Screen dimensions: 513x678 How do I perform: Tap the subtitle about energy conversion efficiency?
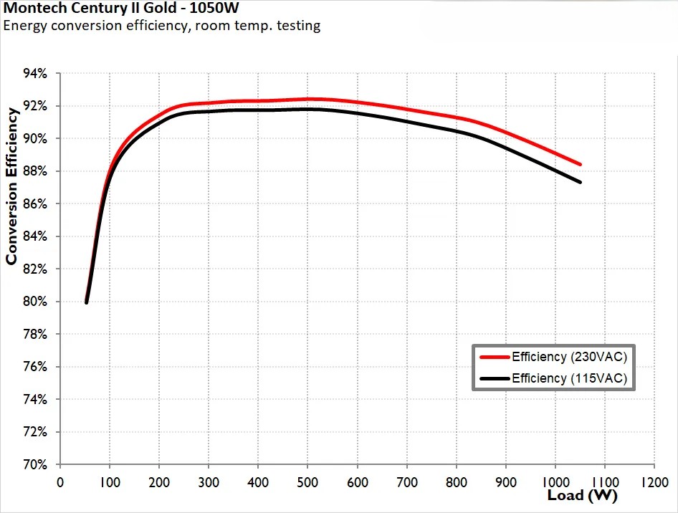(162, 27)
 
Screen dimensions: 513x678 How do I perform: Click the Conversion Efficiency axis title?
(11, 186)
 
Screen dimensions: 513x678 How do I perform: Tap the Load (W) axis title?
(582, 495)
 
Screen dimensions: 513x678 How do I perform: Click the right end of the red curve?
(579, 164)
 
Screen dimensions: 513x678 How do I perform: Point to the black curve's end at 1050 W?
(579, 182)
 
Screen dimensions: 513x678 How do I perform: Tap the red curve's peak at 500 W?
(307, 99)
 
